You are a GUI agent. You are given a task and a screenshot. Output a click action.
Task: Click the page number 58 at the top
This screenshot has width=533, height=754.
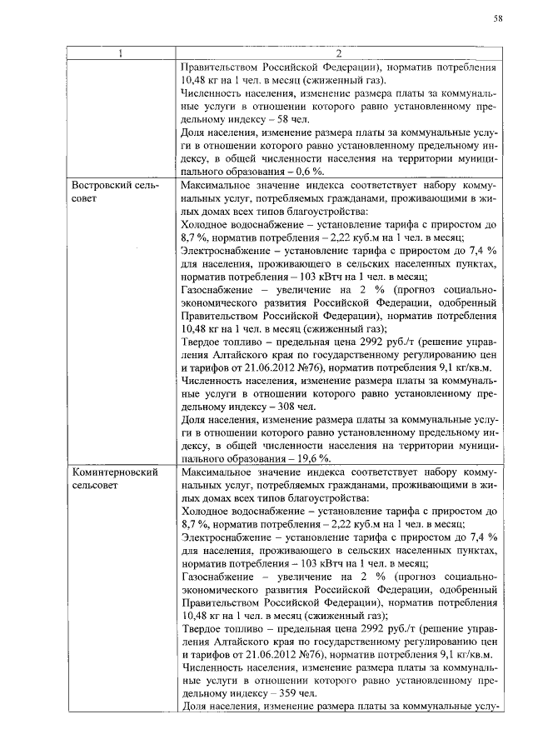pos(496,17)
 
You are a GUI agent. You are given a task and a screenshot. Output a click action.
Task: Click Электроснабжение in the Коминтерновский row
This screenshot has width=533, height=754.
pos(223,537)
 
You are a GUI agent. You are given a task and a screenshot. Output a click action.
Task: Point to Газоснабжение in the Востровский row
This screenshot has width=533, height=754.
pos(215,288)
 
